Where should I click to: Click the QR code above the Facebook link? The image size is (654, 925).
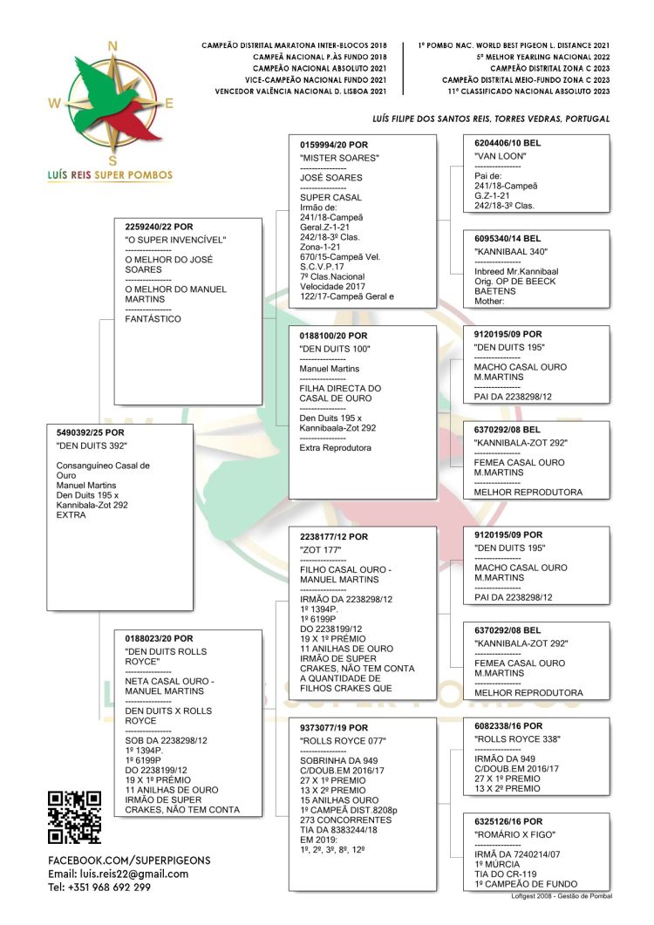pyautogui.click(x=74, y=816)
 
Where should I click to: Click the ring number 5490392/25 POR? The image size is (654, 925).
pyautogui.click(x=85, y=432)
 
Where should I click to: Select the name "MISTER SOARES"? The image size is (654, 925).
pyautogui.click(x=339, y=158)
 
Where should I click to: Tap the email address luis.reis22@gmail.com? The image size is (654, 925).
pyautogui.click(x=118, y=874)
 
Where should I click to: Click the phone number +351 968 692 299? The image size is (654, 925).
pyautogui.click(x=99, y=888)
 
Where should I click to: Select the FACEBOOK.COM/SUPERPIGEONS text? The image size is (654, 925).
pyautogui.click(x=129, y=860)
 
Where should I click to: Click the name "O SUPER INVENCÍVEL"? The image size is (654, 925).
pyautogui.click(x=176, y=240)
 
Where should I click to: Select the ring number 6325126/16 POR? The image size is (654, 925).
pyautogui.click(x=508, y=821)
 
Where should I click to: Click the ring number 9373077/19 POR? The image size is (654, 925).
pyautogui.click(x=334, y=727)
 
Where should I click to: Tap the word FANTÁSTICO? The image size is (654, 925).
pyautogui.click(x=153, y=319)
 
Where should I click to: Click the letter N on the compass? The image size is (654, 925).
pyautogui.click(x=112, y=46)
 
